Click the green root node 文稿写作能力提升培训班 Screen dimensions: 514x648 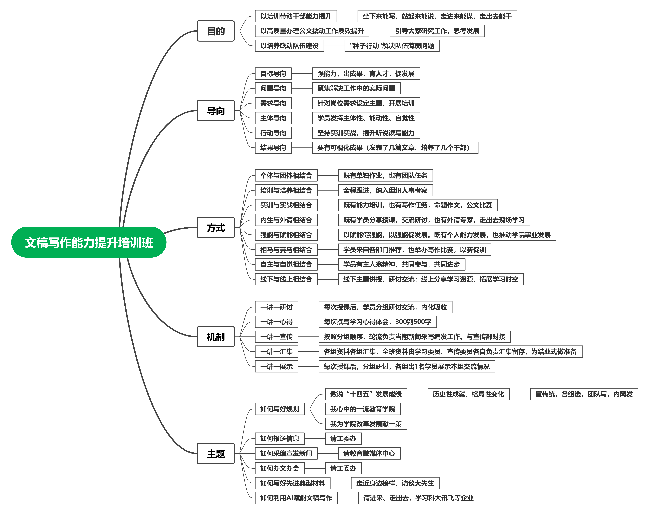(89, 242)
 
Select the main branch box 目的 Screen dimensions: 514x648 (215, 31)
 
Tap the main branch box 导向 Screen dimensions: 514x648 (215, 111)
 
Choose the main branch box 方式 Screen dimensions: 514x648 (215, 227)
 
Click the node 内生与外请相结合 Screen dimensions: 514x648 (286, 220)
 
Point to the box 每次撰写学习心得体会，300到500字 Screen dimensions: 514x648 (378, 322)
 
